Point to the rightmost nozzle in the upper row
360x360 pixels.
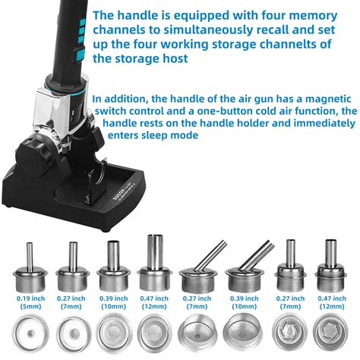(x=330, y=273)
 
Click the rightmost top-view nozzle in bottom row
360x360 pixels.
(x=330, y=334)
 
